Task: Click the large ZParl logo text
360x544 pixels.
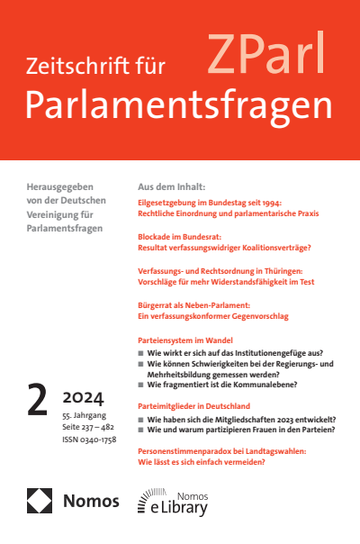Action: pyautogui.click(x=267, y=55)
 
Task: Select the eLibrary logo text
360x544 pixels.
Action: pyautogui.click(x=178, y=508)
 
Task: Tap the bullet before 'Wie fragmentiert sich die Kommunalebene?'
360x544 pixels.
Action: pyautogui.click(x=141, y=385)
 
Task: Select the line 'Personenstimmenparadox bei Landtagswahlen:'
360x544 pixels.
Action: pyautogui.click(x=228, y=450)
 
